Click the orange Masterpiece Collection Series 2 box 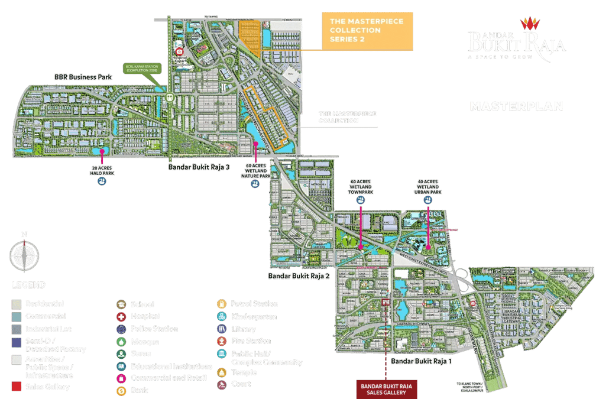tap(366, 30)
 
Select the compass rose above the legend tap(24, 256)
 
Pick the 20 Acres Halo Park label tap(102, 170)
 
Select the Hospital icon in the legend tap(121, 316)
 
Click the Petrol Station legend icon tap(222, 304)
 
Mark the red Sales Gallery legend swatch tap(16, 387)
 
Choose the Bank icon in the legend tap(121, 391)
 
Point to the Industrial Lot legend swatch tap(16, 329)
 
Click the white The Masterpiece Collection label tap(347, 117)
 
